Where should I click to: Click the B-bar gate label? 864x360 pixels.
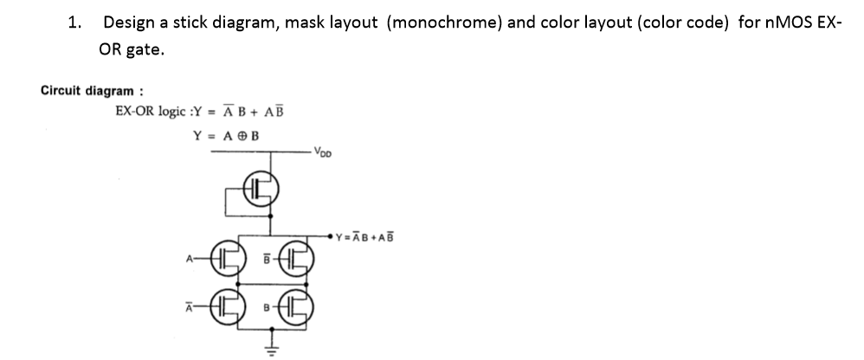pos(268,256)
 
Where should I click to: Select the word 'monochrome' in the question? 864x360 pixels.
pos(441,22)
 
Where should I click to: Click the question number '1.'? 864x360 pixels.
pos(76,22)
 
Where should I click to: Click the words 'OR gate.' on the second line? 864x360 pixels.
pos(131,50)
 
